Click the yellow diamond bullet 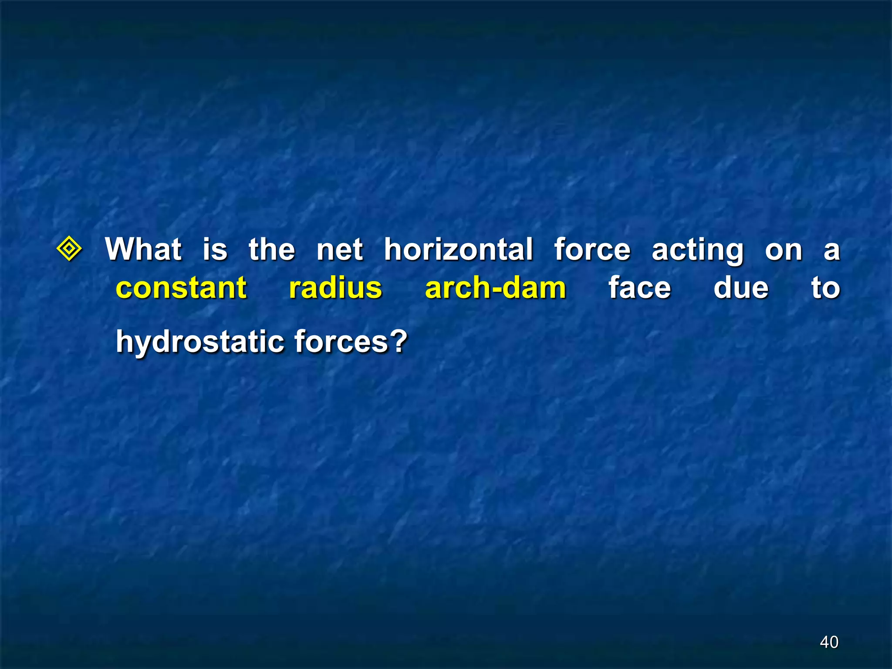69,249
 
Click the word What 143,249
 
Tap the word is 215,249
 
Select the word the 272,249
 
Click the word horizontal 459,249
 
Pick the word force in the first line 592,249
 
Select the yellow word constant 181,288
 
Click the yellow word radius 335,287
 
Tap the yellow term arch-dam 495,287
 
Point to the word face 640,288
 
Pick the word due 741,287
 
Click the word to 825,288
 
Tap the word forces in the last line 341,341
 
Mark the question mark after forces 399,341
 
